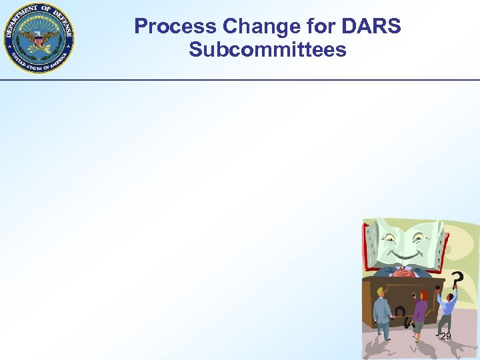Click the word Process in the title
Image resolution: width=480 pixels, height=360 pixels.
click(175, 27)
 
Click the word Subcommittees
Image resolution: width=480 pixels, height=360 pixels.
click(267, 50)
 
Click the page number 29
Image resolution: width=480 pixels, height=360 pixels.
click(445, 337)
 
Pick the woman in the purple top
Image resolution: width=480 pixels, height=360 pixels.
click(419, 311)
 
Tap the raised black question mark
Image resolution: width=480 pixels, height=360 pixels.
click(457, 278)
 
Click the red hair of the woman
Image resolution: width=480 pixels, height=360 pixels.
click(423, 295)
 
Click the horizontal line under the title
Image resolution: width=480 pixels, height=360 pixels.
click(240, 80)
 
